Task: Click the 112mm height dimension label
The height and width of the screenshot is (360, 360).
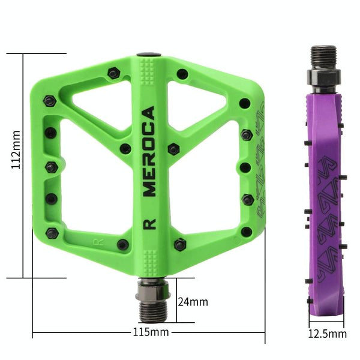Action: tap(16, 149)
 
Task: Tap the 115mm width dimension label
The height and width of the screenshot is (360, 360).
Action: tap(151, 332)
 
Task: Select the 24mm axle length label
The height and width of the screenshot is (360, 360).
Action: tap(193, 302)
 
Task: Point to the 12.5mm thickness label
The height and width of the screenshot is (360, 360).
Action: tap(327, 334)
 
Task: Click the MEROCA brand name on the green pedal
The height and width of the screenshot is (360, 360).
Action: tap(149, 152)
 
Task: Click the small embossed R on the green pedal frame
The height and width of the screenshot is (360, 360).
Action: tap(98, 242)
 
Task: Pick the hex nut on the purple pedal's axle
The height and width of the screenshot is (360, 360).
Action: tap(324, 77)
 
